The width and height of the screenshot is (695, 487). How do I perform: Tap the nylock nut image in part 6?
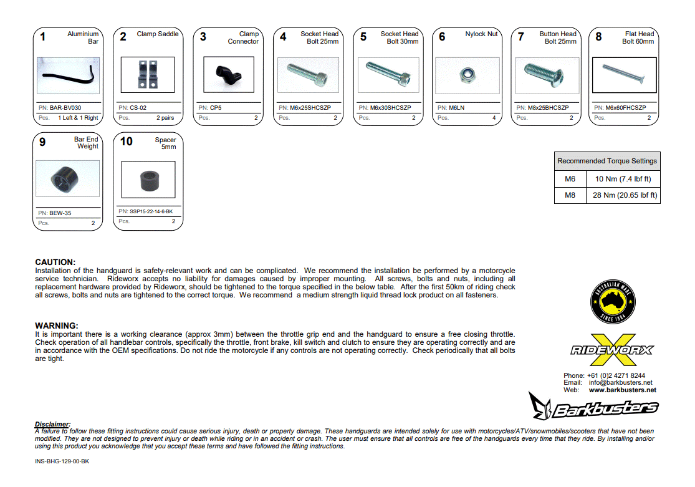(467, 75)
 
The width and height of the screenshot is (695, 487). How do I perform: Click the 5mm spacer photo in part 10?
(148, 180)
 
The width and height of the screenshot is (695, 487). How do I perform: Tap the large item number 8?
(598, 37)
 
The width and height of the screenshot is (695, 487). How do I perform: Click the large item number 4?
(283, 37)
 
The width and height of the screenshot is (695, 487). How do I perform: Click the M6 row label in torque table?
(570, 179)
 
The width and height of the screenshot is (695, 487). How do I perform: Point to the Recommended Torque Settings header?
(606, 161)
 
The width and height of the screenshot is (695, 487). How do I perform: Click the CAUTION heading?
(55, 263)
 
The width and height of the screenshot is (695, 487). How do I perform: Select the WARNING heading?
(56, 326)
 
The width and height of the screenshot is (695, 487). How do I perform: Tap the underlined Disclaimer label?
(52, 424)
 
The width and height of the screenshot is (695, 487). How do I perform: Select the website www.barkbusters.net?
(622, 390)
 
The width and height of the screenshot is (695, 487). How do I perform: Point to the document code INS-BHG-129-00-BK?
(62, 462)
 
